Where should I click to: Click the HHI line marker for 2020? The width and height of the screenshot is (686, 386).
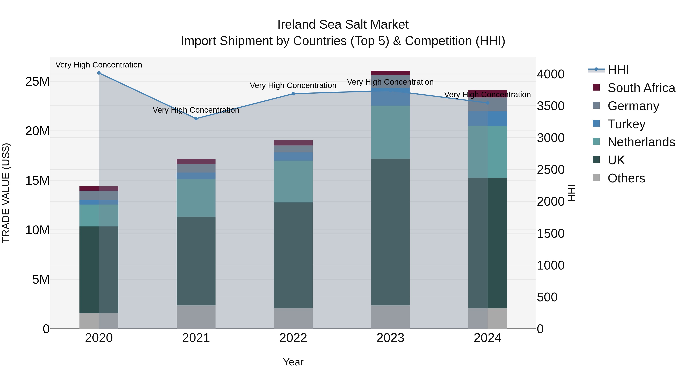99,73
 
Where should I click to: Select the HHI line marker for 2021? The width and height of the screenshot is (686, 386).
196,119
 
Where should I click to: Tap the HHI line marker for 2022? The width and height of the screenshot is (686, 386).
293,94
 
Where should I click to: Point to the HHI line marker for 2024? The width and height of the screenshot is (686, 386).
488,103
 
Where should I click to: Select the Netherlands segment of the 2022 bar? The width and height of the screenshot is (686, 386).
293,181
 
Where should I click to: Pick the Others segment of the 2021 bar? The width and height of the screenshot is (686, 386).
196,317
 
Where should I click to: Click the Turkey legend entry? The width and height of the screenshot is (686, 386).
626,124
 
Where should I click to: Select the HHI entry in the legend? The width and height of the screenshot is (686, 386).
618,70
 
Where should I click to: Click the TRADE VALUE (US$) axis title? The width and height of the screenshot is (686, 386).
6,193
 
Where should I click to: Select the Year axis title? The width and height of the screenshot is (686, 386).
293,362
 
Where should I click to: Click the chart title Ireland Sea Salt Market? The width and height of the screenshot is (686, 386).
343,25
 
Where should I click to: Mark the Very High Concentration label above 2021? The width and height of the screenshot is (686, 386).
196,110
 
